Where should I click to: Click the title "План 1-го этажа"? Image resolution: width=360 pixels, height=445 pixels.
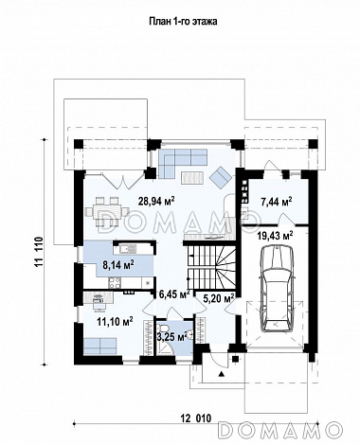coord(183,22)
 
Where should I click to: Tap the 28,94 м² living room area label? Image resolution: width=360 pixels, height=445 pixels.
coord(156,201)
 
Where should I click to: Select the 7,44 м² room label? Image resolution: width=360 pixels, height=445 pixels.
coord(277,201)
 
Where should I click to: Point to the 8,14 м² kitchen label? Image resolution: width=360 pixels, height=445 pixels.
coord(118,263)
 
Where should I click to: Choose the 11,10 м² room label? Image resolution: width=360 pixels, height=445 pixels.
coord(115,322)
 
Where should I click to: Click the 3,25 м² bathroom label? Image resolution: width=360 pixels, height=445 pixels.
coord(171,336)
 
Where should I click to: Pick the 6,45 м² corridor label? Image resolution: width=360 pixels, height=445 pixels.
coord(174,294)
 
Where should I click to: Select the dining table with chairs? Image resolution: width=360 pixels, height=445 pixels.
coord(107,211)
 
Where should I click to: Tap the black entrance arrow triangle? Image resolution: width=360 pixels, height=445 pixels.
coord(222,374)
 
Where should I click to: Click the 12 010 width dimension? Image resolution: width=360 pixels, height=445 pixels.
coord(196,418)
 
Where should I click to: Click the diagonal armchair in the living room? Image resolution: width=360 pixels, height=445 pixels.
coord(222,177)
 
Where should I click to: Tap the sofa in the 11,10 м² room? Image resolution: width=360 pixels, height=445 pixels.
coord(100,346)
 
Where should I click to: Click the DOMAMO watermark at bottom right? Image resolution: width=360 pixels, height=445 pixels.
coord(279,430)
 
